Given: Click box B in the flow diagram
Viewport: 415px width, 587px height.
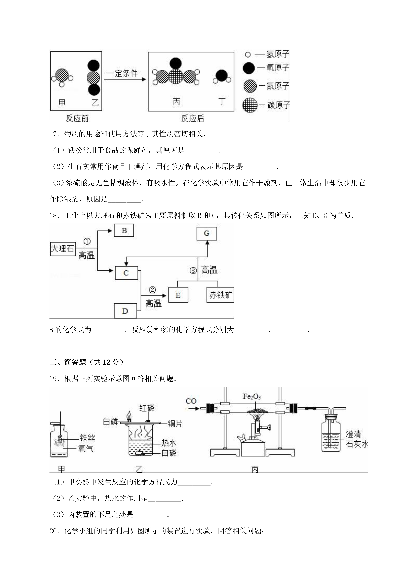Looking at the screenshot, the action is point(124,230).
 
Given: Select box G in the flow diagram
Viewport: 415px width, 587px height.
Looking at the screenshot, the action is point(207,233).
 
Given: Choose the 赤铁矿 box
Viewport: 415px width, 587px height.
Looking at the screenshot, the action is point(220,295).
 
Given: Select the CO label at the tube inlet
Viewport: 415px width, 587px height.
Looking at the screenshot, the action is point(191,401).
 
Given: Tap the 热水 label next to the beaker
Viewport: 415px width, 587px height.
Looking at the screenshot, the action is point(169,443).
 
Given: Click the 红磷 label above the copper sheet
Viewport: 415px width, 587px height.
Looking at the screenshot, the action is point(147,408).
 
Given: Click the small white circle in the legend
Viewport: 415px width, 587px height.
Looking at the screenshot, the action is point(248,55).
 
